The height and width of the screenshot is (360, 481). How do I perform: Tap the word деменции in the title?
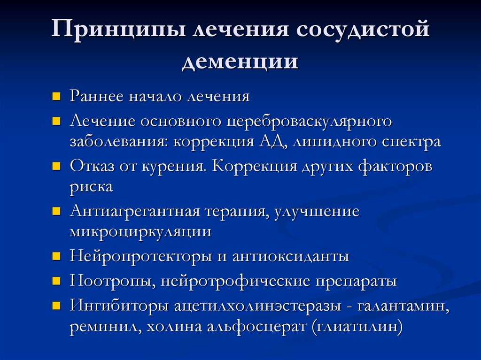click(240, 61)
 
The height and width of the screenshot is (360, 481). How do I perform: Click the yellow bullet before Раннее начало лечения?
click(56, 97)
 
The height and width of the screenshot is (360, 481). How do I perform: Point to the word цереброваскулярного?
click(309, 122)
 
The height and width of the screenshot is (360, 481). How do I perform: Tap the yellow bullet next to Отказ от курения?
click(56, 167)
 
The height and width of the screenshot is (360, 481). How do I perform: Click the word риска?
click(92, 188)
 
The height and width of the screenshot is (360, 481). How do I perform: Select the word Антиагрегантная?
click(135, 212)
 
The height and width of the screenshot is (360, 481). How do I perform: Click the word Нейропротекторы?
click(140, 257)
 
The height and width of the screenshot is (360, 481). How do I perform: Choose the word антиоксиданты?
click(291, 257)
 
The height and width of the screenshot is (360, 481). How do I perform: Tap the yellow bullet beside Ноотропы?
click(56, 281)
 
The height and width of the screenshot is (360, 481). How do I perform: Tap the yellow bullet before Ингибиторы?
click(56, 306)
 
